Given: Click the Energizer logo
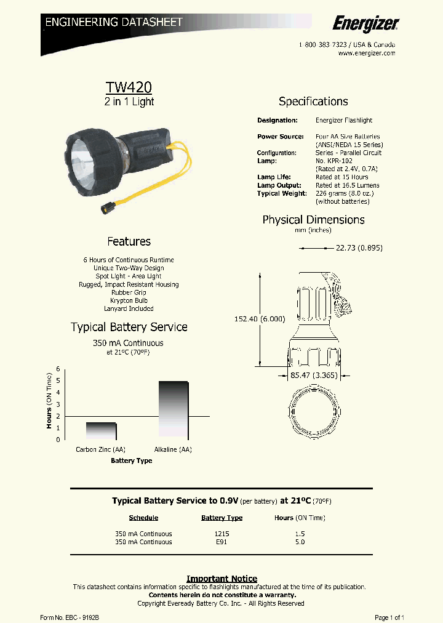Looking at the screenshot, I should [x=365, y=23].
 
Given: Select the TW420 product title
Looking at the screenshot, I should [x=129, y=88].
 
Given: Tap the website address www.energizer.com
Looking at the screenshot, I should [x=366, y=54].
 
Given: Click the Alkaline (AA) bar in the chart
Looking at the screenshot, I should [x=174, y=409].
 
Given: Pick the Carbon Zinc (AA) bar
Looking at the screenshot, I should [x=101, y=430].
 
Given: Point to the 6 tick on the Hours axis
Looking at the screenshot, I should [x=58, y=369].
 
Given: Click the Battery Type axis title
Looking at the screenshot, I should [x=131, y=460].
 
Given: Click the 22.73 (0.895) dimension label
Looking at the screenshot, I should [x=359, y=248].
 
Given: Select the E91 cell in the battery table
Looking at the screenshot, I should [x=221, y=542].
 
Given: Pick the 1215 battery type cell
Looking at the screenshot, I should [x=221, y=534].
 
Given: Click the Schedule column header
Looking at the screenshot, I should [x=143, y=518].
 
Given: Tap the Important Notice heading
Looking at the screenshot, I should [x=221, y=579].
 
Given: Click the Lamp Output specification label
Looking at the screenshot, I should [x=279, y=185].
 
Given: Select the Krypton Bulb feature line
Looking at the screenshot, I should [x=129, y=300].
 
